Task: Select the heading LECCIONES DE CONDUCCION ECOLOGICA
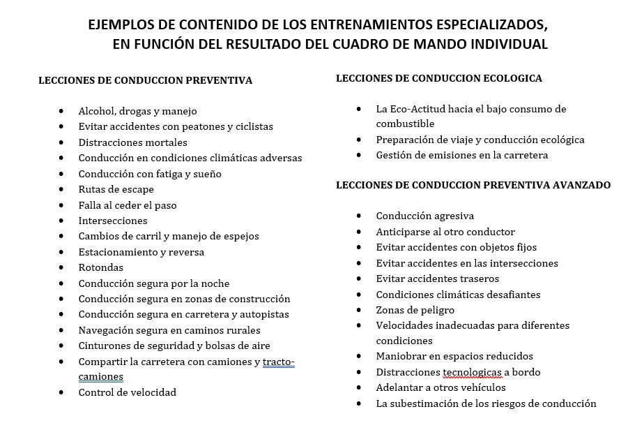click(x=438, y=78)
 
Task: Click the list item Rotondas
click(x=100, y=267)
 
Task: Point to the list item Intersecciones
click(x=113, y=221)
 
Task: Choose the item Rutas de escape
click(x=116, y=189)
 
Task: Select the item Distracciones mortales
click(x=132, y=142)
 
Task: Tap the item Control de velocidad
click(x=127, y=392)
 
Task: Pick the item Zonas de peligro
click(x=415, y=310)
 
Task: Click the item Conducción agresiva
click(x=424, y=216)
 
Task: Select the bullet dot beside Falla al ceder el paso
click(x=62, y=205)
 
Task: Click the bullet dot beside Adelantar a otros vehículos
click(x=359, y=387)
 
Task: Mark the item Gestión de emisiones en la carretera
click(x=461, y=155)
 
